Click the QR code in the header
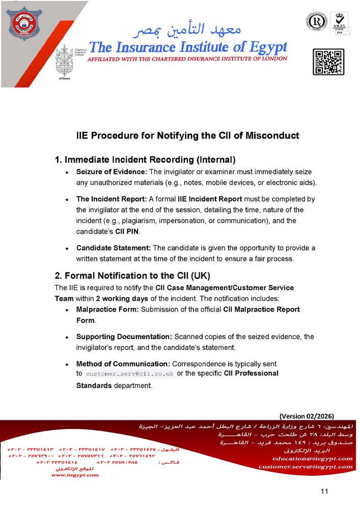coord(328,62)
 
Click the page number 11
coord(325,491)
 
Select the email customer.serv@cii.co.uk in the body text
coord(129,374)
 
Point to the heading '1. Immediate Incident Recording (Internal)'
coord(145,159)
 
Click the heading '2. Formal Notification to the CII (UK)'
coord(132,276)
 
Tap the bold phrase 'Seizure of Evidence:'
coord(112,172)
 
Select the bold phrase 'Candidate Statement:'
coord(114,248)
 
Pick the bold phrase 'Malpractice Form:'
coord(107,309)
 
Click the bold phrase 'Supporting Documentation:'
coord(124,336)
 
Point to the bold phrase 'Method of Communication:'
coord(123,364)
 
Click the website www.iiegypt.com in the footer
coord(75,475)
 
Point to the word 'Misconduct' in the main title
coord(272,136)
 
